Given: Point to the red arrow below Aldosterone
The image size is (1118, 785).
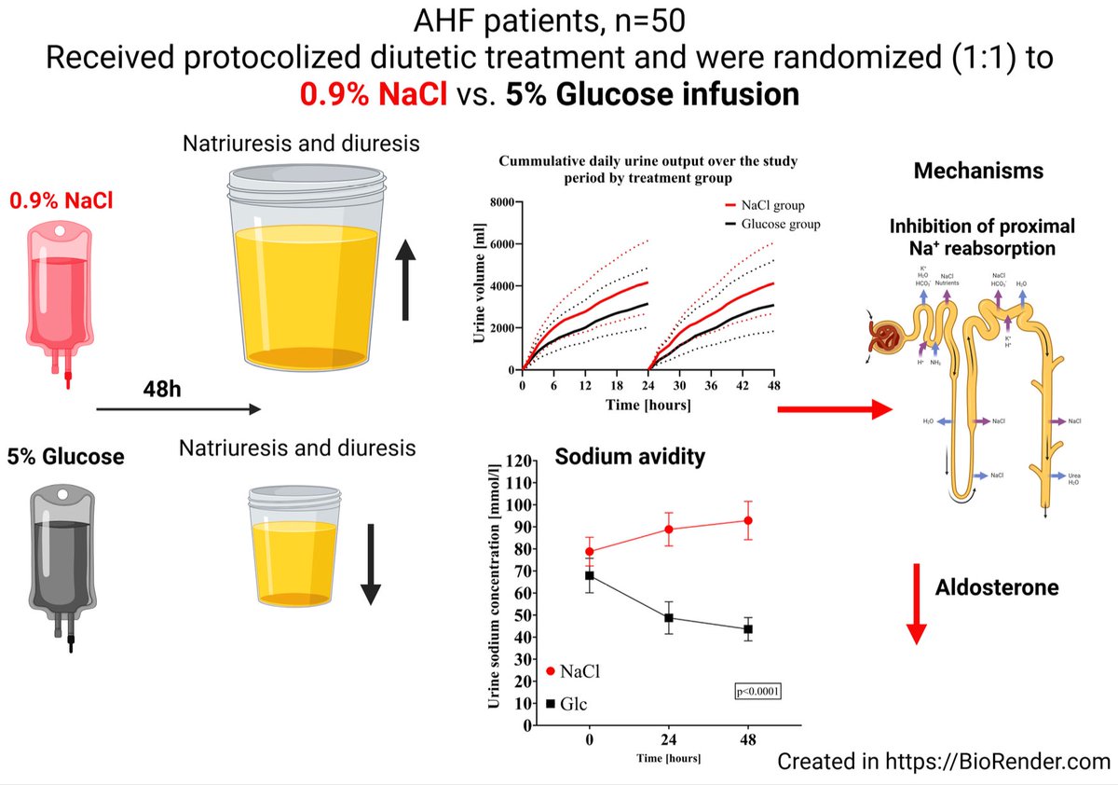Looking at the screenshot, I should tap(917, 602).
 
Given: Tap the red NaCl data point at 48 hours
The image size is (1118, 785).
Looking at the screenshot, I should tap(748, 520).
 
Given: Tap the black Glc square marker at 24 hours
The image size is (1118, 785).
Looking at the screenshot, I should tap(669, 617).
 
